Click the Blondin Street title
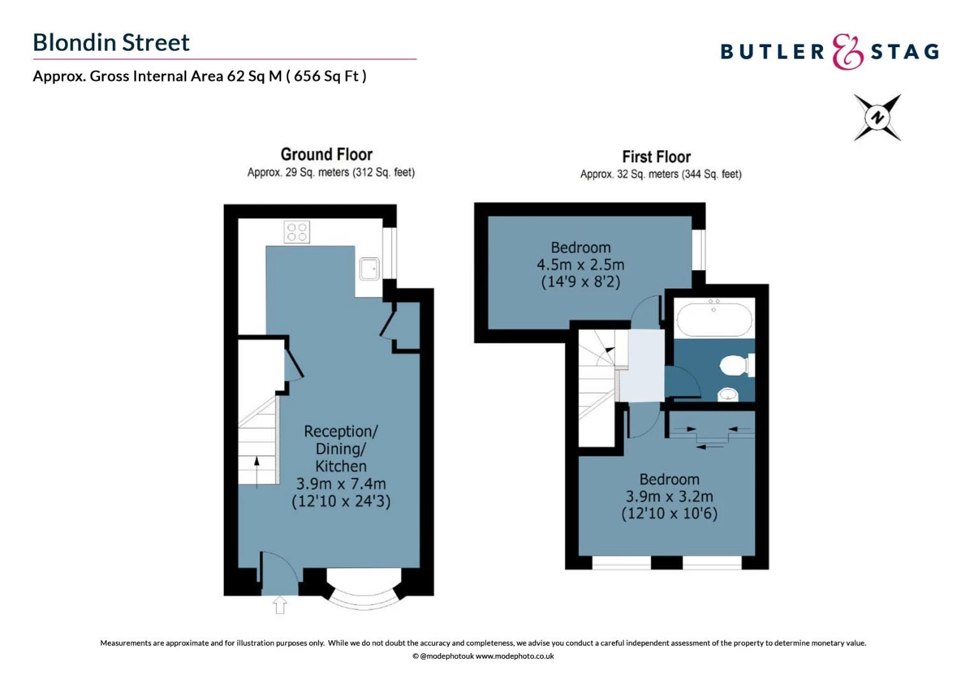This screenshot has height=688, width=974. pos(112,43)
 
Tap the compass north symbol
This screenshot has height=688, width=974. pos(878,117)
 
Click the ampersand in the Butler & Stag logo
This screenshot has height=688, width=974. pos(847,52)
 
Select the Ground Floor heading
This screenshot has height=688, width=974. pos(326,154)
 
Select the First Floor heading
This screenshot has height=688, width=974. pos(657,157)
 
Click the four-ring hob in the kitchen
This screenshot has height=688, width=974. pos(297,232)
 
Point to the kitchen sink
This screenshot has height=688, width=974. pos(369,269)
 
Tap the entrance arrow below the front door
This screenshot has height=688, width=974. pos(280,605)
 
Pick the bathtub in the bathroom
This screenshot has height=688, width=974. pos(714,319)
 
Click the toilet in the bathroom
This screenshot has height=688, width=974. pos(737,365)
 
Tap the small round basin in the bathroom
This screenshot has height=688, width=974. pos(728,394)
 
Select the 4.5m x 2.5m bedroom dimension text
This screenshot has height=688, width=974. pos(581,264)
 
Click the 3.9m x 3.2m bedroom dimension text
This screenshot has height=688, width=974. pos(669,496)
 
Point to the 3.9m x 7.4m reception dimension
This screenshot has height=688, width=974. pos(341,484)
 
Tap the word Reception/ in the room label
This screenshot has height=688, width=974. pos(341,431)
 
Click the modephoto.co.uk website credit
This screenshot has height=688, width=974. pos(514,656)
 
